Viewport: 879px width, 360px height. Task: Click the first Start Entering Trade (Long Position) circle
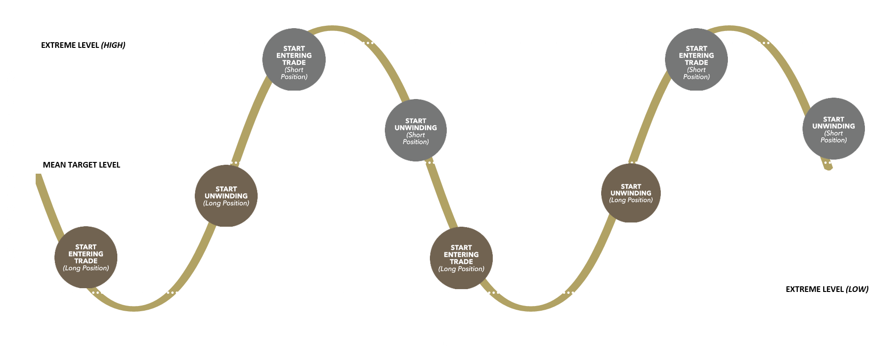click(x=86, y=257)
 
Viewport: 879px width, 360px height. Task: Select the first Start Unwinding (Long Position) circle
click(x=226, y=196)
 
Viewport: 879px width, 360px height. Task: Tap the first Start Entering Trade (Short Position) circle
click(x=294, y=60)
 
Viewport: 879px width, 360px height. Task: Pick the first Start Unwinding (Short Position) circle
click(x=416, y=130)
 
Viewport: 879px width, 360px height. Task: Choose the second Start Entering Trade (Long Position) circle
click(x=461, y=258)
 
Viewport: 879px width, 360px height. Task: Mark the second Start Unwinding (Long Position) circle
click(x=631, y=193)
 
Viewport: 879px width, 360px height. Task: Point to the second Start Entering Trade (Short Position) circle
click(x=696, y=60)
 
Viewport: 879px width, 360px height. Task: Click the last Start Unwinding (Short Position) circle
click(x=833, y=129)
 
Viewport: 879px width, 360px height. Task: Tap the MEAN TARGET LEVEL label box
click(x=82, y=165)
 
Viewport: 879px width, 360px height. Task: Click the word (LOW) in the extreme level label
click(x=857, y=289)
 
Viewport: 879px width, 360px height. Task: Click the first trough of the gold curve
click(x=134, y=308)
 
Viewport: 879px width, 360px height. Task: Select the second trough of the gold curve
click(x=530, y=308)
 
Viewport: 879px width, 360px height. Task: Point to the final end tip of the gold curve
click(x=830, y=168)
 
